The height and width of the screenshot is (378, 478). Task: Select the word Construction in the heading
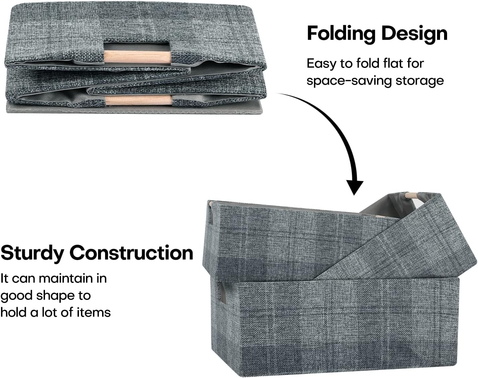[131, 253]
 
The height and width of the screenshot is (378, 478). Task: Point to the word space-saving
[349, 81]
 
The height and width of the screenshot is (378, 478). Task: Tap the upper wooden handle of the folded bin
[137, 57]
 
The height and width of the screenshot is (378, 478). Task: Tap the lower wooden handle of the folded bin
[139, 100]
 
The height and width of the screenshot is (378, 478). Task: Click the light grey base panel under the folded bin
[134, 110]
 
